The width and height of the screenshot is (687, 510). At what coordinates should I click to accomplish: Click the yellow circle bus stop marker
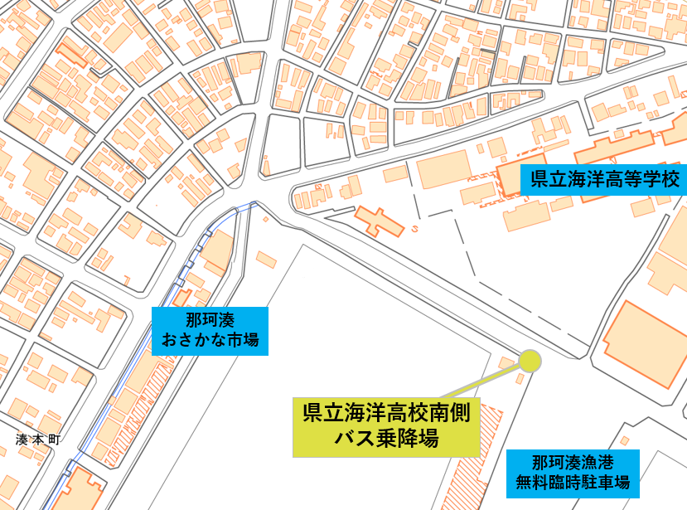[x=530, y=361]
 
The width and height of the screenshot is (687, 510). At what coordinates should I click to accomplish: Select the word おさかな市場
[x=210, y=339]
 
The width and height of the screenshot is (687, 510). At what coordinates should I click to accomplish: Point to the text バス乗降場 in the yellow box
[x=386, y=438]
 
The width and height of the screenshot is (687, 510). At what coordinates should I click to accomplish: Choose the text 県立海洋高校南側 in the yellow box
[x=386, y=412]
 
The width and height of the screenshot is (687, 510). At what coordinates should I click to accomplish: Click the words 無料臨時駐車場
[x=573, y=481]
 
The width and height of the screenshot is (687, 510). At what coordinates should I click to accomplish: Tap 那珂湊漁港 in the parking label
[x=573, y=461]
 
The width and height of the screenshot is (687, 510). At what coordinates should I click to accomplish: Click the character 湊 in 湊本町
[x=22, y=440]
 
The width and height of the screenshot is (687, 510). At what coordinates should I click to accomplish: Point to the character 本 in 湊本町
[x=38, y=440]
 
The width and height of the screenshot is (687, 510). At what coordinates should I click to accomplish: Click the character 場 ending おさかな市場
[x=250, y=339]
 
